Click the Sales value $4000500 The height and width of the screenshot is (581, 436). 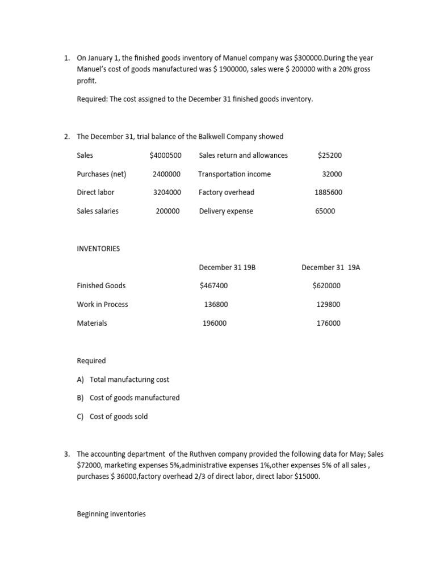[x=165, y=155]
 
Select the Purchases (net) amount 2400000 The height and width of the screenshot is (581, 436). [x=166, y=174]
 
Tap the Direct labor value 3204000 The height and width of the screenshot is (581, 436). [x=167, y=192]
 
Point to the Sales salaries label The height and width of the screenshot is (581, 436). [x=98, y=211]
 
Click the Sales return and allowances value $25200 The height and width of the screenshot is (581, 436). [x=330, y=155]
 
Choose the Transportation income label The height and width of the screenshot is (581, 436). [x=234, y=174]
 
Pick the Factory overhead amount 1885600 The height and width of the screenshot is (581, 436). [x=328, y=192]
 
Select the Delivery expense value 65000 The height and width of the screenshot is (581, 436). [x=325, y=211]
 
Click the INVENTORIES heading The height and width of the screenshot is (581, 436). [x=98, y=249]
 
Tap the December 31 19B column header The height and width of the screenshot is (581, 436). [x=227, y=267]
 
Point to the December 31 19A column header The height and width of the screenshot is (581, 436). [x=330, y=267]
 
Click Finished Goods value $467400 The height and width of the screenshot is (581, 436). [x=213, y=286]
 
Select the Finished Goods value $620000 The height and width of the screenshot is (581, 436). [x=326, y=286]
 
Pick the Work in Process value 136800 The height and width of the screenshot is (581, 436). [x=216, y=305]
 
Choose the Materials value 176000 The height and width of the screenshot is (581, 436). [x=328, y=323]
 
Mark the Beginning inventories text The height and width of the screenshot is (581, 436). [x=111, y=514]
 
